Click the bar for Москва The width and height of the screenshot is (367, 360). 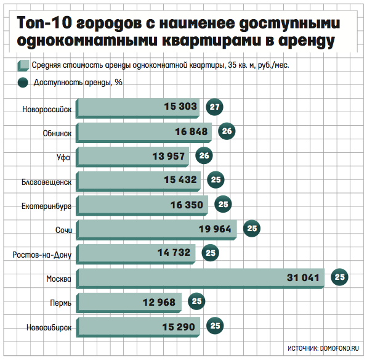click(x=200, y=279)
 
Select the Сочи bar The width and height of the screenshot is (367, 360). click(x=156, y=230)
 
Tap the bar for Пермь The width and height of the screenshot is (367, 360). click(x=129, y=303)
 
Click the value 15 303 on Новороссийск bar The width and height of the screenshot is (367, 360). click(x=180, y=107)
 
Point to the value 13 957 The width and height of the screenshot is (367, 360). click(x=169, y=157)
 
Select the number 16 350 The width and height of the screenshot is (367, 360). click(x=187, y=205)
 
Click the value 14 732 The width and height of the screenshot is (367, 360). click(x=174, y=253)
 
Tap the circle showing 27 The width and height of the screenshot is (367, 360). click(x=214, y=107)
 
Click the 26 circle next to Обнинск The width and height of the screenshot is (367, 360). click(x=227, y=131)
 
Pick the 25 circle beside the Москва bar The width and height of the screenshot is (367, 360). click(x=339, y=277)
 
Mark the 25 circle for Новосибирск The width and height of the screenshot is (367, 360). click(x=215, y=325)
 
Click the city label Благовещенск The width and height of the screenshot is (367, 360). click(x=46, y=182)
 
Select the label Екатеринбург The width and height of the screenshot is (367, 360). click(x=46, y=207)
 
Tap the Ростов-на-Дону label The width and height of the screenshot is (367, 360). click(x=42, y=255)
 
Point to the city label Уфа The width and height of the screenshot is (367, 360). click(x=63, y=157)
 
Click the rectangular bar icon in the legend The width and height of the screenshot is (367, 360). click(x=23, y=65)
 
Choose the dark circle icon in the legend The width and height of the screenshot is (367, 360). click(x=23, y=83)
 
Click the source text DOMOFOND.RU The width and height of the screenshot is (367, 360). click(x=339, y=348)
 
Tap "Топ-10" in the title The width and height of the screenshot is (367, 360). click(x=44, y=23)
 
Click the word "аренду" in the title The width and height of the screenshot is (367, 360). click(x=307, y=41)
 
